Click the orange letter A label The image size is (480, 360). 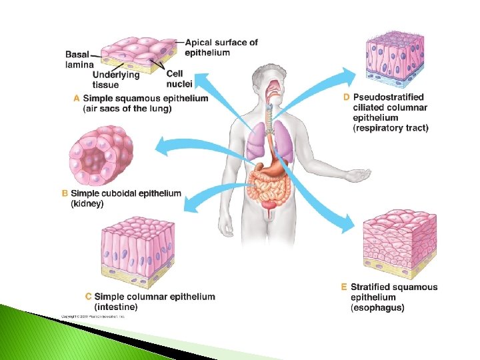77,98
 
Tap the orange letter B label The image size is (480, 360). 65,193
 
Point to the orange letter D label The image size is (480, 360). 346,97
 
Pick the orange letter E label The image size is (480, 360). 344,287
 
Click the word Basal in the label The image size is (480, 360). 78,55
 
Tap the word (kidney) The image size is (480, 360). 87,203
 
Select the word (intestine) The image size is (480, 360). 116,307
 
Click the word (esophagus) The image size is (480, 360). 377,307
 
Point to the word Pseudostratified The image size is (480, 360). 388,97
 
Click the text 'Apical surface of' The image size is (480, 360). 221,43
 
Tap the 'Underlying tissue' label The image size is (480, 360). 116,79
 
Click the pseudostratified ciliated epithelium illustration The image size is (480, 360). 395,61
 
